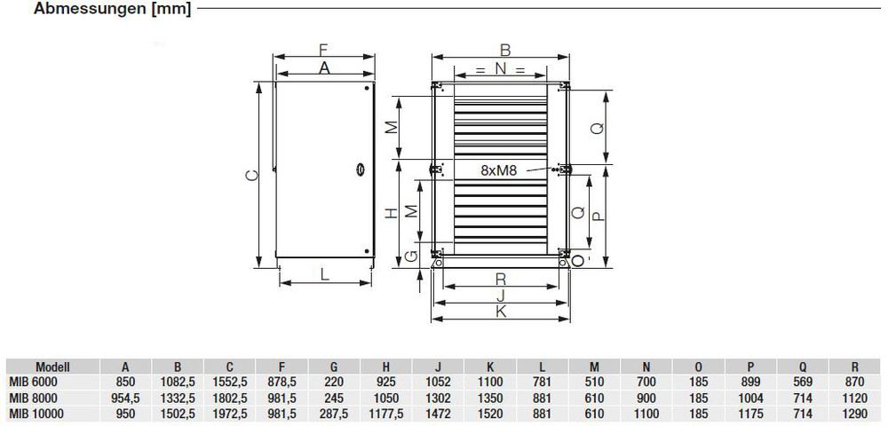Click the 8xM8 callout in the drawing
click(500, 169)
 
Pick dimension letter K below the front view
click(501, 312)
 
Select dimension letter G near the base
click(409, 256)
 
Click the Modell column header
click(52, 366)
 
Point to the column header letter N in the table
click(646, 366)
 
